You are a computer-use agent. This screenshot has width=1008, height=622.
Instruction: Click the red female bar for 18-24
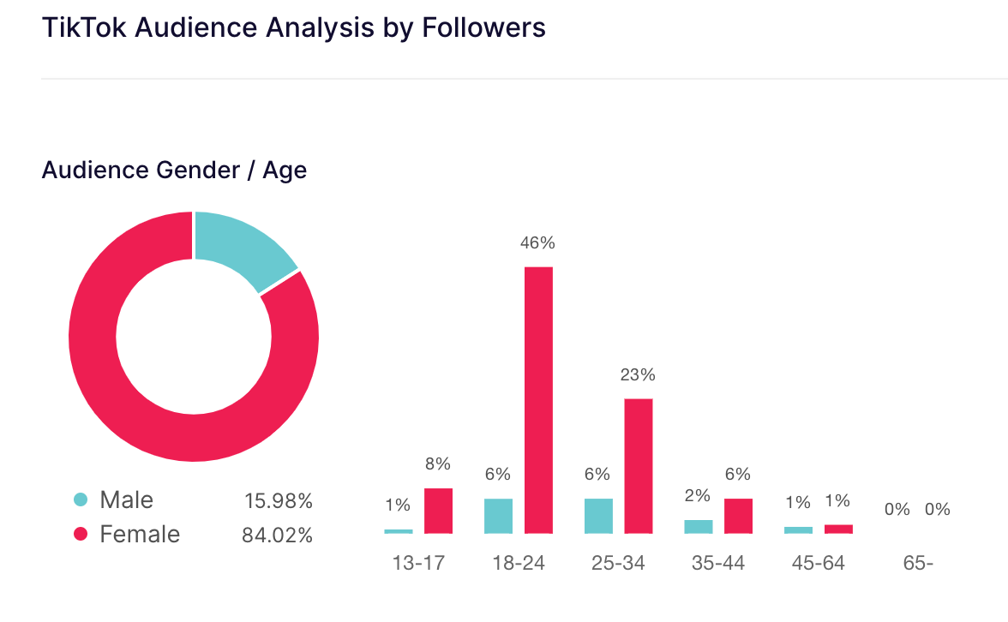click(538, 400)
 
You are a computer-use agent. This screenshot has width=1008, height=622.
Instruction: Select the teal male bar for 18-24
click(498, 516)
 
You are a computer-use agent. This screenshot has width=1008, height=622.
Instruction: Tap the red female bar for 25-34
click(638, 466)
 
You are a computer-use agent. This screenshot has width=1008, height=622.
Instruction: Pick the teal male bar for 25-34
click(598, 516)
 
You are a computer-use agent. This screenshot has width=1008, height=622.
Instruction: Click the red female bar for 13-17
click(438, 511)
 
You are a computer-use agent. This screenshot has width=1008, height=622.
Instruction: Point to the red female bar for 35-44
click(738, 516)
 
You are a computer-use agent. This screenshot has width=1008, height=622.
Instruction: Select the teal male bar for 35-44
click(698, 526)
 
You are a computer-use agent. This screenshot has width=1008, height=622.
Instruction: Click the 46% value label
click(537, 243)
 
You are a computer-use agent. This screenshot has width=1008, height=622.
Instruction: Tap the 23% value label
click(638, 375)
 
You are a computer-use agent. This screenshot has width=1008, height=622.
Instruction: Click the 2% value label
click(698, 495)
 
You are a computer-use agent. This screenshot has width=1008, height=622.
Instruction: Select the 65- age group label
click(918, 564)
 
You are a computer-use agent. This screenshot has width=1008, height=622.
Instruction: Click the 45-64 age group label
click(818, 564)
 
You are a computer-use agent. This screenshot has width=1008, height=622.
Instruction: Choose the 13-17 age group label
click(417, 564)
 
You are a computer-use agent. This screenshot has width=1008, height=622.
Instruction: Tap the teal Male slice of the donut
click(239, 248)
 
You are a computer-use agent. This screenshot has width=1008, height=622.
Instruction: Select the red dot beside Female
click(81, 535)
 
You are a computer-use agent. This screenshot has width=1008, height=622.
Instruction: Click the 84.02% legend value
click(277, 535)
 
